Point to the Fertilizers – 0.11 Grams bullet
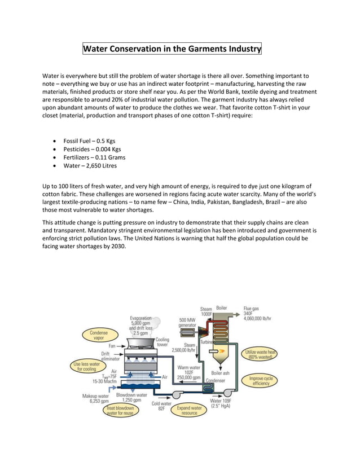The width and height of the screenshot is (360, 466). click(94, 157)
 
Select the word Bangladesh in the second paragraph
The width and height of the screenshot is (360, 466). click(242, 203)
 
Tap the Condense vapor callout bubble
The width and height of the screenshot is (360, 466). click(99, 336)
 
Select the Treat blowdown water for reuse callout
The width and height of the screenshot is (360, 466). click(121, 410)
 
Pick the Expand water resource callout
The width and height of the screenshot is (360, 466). click(190, 410)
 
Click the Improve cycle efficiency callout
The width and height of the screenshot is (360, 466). click(261, 380)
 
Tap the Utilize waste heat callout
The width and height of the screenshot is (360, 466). click(259, 354)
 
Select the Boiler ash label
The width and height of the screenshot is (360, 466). click(220, 373)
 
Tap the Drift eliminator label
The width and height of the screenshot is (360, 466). click(109, 355)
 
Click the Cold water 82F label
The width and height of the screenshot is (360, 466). click(161, 406)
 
